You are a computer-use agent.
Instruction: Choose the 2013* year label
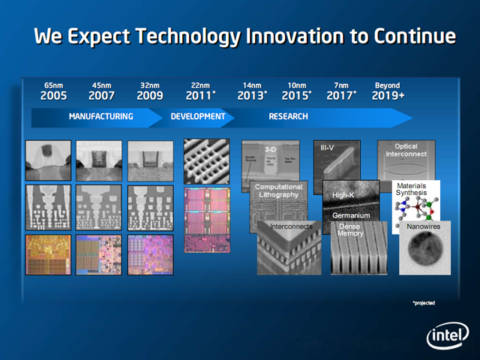pos(252,96)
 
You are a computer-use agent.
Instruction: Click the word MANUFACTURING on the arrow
pos(100,117)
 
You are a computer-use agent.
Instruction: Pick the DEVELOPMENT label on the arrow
pos(198,117)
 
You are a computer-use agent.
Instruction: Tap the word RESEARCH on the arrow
pos(288,117)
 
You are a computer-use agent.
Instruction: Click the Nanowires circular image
pos(424,247)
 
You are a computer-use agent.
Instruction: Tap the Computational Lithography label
pos(278,190)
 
